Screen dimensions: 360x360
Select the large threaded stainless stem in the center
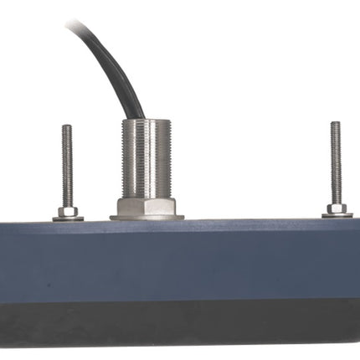click(x=147, y=159)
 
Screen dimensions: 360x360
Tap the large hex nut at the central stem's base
click(x=147, y=206)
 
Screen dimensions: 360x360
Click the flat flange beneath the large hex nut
click(x=147, y=218)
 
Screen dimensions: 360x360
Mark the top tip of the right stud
click(x=336, y=124)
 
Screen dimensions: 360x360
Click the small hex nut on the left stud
click(x=68, y=211)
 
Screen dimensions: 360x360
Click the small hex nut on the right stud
click(x=336, y=208)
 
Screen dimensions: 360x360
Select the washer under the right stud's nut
click(x=337, y=215)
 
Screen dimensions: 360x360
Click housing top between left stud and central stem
click(x=96, y=223)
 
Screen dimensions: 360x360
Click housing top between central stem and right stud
click(x=251, y=223)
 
